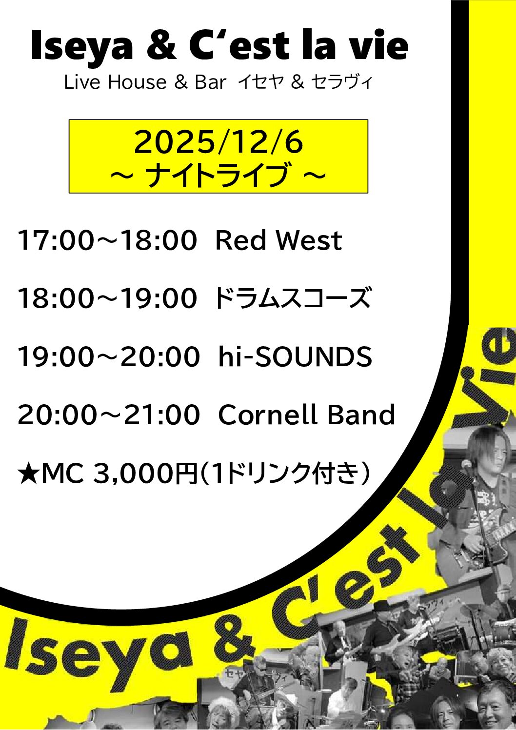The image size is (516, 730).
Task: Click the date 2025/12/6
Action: click(218, 142)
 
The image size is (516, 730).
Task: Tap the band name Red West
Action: click(278, 240)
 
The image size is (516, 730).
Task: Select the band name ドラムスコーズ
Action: click(292, 298)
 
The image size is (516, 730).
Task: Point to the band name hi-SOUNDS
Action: click(295, 356)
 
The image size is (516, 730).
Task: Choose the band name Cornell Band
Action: click(306, 415)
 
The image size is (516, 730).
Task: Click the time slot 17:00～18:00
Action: click(107, 240)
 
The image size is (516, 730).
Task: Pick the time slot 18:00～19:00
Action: click(107, 298)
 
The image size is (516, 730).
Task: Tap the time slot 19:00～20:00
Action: click(108, 356)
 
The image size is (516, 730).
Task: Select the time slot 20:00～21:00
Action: click(108, 415)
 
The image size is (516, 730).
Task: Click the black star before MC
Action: click(28, 474)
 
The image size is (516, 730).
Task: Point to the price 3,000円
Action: click(144, 474)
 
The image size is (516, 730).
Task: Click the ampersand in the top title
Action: click(161, 46)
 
